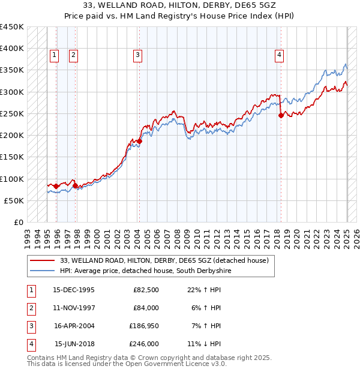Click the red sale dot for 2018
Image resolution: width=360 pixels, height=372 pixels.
[281, 116]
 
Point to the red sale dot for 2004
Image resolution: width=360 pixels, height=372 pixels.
[139, 141]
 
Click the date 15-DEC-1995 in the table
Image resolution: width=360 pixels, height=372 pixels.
[74, 290]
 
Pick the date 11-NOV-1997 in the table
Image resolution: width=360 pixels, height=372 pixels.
[74, 308]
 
